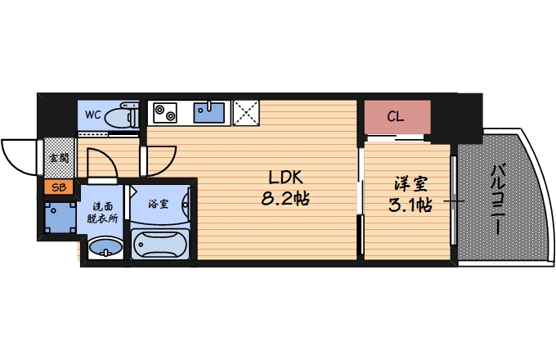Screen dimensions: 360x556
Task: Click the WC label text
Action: (92, 115)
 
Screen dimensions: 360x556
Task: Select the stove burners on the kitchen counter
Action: (164, 111)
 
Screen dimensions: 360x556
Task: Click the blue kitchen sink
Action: (211, 112)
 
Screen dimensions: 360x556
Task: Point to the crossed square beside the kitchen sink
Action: (245, 111)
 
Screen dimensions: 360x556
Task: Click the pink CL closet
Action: (396, 117)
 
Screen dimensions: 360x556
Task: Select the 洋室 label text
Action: (408, 183)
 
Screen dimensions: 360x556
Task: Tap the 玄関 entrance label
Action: (58, 158)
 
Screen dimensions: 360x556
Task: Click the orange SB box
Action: (58, 187)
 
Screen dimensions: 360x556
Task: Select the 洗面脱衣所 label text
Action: (104, 213)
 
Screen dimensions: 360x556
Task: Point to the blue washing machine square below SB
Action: (60, 216)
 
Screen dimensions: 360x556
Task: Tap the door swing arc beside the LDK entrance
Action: (162, 159)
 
